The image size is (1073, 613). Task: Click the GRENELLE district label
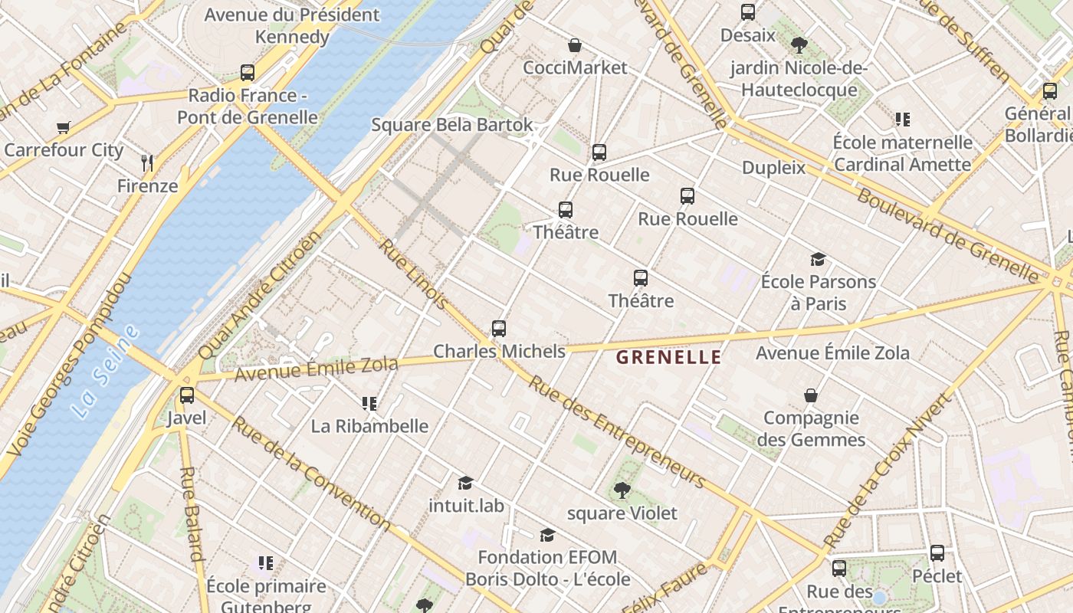668,357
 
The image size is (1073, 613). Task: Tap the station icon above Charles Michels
499,329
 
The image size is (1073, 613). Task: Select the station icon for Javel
187,395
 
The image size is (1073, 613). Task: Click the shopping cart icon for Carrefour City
63,128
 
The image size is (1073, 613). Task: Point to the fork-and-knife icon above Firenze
148,162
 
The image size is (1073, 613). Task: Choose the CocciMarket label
575,67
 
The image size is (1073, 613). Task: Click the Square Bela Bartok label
452,125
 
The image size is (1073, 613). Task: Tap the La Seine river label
107,372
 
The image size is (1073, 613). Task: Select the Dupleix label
773,168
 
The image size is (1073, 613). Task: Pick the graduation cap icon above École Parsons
819,259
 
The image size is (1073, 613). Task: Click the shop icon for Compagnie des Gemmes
811,395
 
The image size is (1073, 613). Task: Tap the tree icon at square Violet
622,490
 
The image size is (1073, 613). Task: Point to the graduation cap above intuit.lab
465,483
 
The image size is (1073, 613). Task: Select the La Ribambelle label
369,426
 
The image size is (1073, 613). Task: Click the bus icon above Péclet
937,553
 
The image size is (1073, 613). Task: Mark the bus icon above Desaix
748,12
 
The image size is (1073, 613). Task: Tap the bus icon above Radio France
248,73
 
